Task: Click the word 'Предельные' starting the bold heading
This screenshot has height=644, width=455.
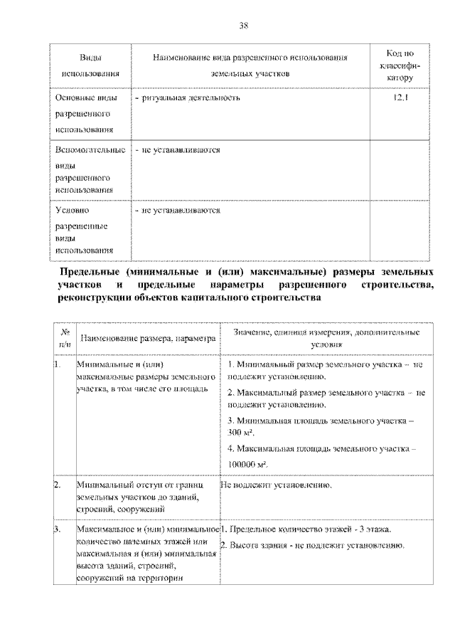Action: pyautogui.click(x=90, y=273)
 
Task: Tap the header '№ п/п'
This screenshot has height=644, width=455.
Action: pyautogui.click(x=65, y=337)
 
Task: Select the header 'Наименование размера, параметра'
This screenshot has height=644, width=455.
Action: pyautogui.click(x=147, y=339)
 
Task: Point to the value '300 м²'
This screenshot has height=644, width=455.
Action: pyautogui.click(x=242, y=433)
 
